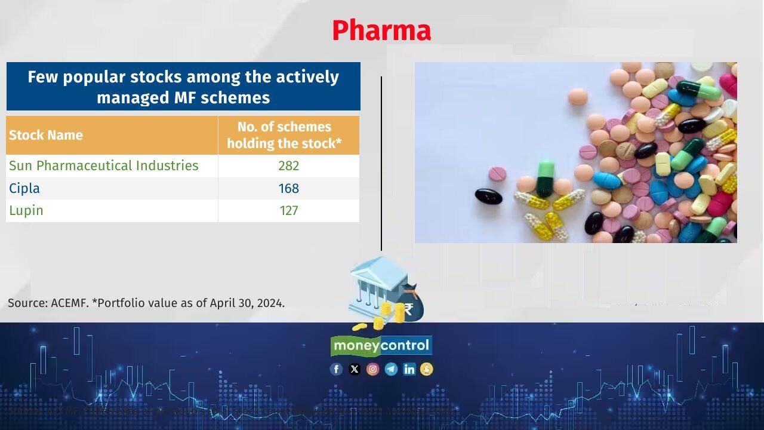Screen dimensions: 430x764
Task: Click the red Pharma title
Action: [381, 30]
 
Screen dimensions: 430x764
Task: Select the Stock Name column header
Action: [46, 135]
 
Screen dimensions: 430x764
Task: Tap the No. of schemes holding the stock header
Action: [284, 135]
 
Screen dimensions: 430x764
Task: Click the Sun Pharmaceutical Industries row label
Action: [104, 165]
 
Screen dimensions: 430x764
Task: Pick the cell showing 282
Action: [288, 165]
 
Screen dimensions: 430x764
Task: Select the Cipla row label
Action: [24, 188]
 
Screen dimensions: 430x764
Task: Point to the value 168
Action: [288, 188]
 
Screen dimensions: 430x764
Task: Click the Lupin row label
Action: [26, 210]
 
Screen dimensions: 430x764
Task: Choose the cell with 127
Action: [288, 210]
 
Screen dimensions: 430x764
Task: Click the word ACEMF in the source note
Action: [69, 303]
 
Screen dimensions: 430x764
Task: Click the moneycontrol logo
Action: [381, 345]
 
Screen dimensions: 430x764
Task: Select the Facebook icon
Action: [336, 369]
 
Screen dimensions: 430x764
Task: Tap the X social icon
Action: [355, 369]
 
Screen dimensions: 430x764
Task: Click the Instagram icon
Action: [372, 369]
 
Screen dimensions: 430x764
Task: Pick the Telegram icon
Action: [391, 369]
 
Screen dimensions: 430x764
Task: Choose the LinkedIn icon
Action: [409, 369]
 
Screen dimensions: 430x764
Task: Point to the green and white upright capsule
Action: [546, 177]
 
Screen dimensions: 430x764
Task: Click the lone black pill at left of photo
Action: [488, 196]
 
